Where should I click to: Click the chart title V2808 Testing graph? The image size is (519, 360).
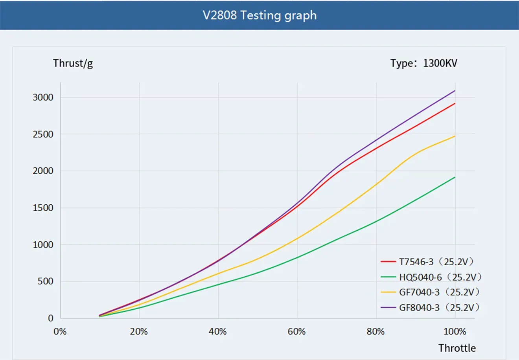(x=259, y=15)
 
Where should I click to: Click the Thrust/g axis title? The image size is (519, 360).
(x=73, y=63)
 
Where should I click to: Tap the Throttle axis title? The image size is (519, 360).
(x=457, y=348)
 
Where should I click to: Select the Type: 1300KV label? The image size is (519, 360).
(x=423, y=63)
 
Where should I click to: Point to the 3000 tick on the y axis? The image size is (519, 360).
(x=43, y=97)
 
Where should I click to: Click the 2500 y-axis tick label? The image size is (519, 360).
(x=43, y=134)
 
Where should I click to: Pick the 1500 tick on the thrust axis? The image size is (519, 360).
(x=43, y=208)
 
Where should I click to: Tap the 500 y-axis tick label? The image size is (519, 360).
(x=45, y=281)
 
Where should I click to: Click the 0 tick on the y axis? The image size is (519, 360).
(x=50, y=318)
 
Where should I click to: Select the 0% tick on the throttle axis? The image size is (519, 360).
(x=60, y=332)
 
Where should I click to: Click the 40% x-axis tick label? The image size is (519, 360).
(x=218, y=332)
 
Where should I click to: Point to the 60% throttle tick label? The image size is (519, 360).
(x=297, y=332)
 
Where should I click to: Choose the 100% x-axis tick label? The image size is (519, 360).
(x=455, y=332)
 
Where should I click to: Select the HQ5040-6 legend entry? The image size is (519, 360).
(x=431, y=277)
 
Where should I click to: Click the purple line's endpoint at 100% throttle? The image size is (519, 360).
(x=455, y=91)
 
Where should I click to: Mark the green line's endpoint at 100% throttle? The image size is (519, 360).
(x=455, y=177)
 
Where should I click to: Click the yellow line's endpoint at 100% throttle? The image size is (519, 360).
(x=455, y=136)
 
